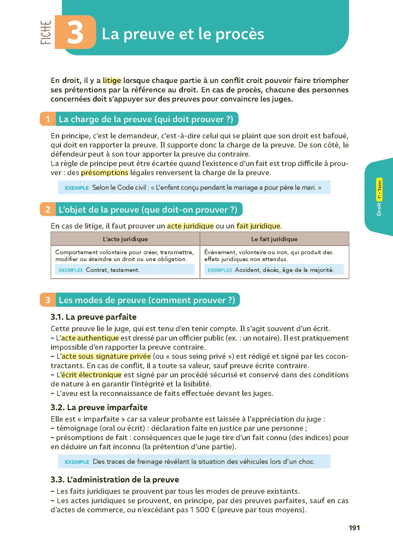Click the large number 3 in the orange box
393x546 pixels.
point(75,33)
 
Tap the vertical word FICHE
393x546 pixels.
point(46,32)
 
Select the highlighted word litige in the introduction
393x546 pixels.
point(112,80)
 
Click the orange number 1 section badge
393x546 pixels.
point(48,119)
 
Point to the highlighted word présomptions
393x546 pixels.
point(104,173)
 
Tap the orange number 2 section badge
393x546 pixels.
point(48,210)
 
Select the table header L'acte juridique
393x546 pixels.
point(125,239)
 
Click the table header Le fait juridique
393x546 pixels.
point(274,239)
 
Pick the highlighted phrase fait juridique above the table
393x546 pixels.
point(258,226)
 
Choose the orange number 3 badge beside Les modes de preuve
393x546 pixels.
point(48,300)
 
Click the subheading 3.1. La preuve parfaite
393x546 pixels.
point(93,317)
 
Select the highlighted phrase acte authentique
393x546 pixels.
point(90,338)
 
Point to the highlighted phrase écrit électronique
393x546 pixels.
point(91,375)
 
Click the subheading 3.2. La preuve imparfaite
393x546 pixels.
point(99,407)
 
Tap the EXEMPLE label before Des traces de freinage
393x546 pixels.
point(77,462)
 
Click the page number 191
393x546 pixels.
point(354,528)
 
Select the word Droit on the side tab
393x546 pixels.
point(379,209)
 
